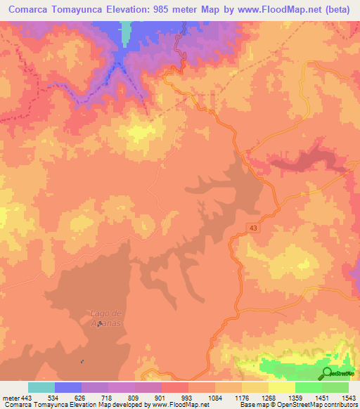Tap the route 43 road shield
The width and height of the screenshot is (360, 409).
coord(252,226)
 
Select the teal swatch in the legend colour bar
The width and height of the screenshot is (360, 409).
coord(41,387)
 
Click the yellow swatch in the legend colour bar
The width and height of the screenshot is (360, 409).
coord(281,387)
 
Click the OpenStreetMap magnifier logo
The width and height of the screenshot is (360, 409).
coord(328,373)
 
